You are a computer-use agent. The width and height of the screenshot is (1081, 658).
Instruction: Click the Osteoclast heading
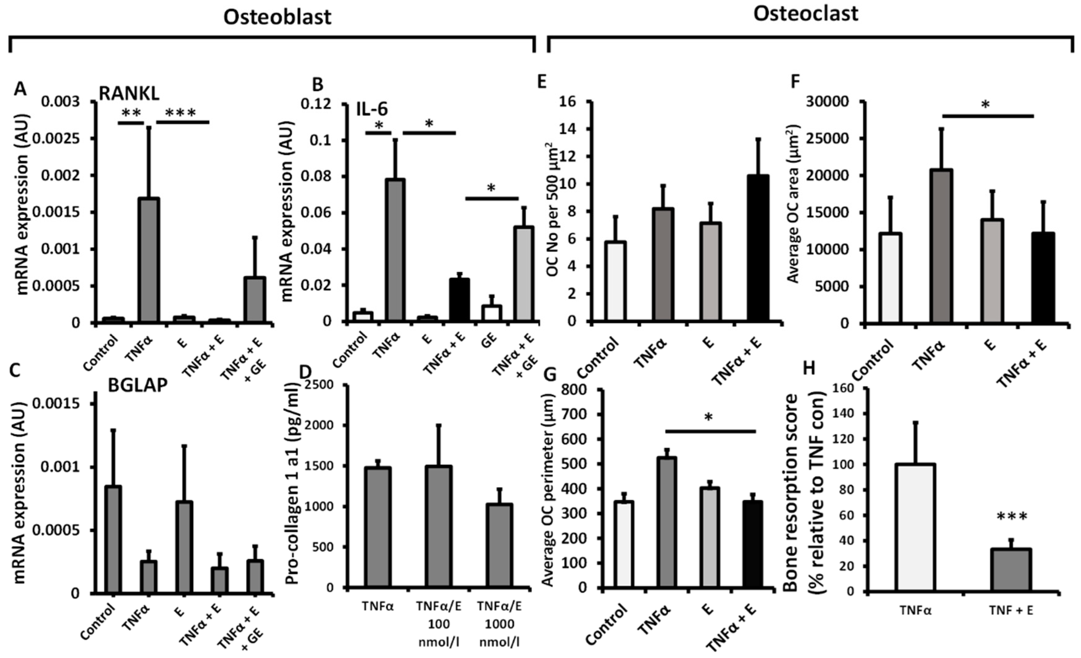click(806, 14)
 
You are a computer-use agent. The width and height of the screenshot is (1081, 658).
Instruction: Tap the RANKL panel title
click(129, 93)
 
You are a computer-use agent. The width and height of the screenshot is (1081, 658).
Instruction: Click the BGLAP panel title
click(138, 385)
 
